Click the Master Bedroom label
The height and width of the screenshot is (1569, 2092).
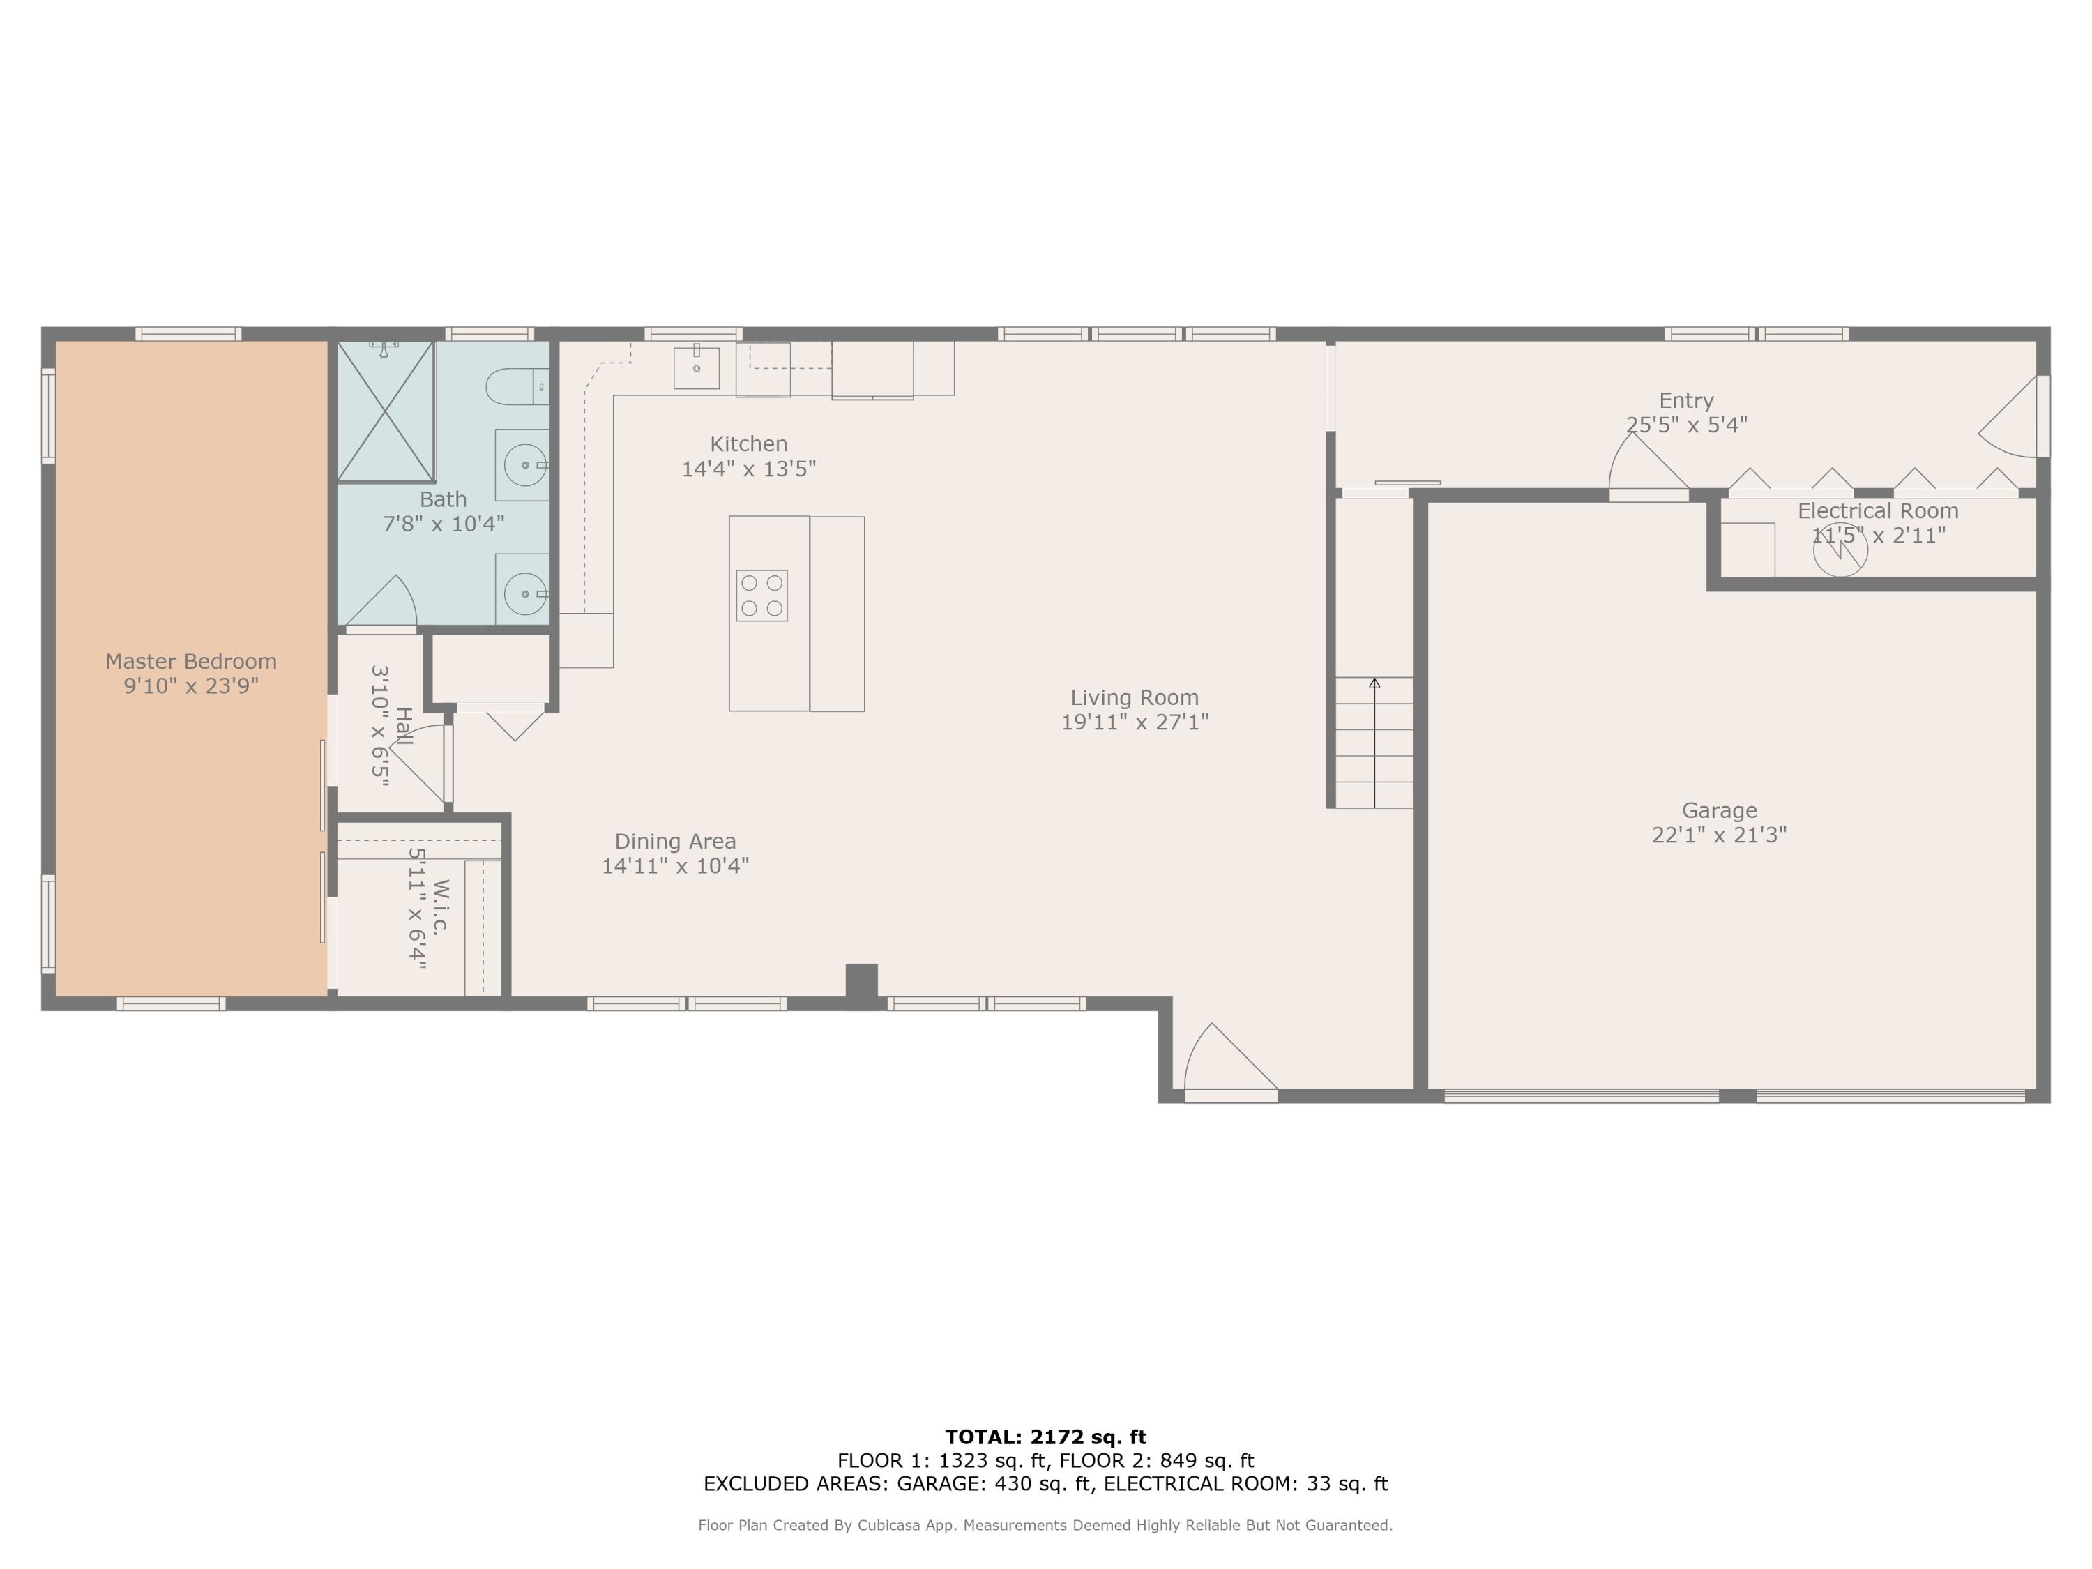click(191, 662)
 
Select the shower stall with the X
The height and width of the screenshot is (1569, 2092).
click(386, 412)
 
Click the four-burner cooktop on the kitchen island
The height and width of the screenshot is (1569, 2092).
click(761, 596)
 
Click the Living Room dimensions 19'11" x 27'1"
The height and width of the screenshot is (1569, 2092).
click(1134, 722)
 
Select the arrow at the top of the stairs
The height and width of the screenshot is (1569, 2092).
click(1374, 683)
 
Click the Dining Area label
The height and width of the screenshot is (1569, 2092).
click(674, 842)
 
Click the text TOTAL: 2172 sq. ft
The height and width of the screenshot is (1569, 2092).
click(1045, 1437)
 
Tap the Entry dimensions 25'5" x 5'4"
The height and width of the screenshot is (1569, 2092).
click(1685, 425)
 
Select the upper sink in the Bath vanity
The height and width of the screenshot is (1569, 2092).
click(523, 465)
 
